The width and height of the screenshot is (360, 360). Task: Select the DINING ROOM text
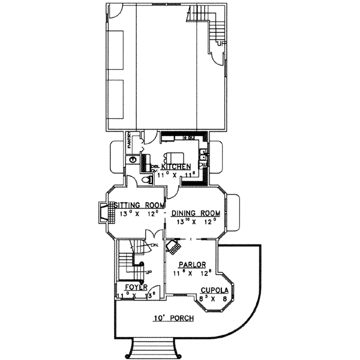click(x=196, y=214)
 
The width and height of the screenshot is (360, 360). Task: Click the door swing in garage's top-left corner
click(x=115, y=11)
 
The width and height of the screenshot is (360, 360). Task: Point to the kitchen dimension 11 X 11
click(x=174, y=175)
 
